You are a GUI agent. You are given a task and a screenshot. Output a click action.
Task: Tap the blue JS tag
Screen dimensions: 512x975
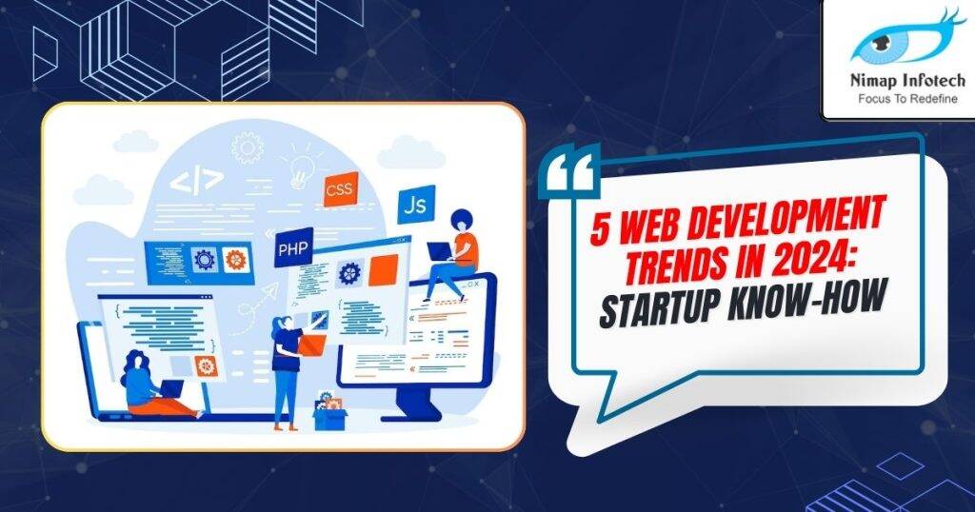416,204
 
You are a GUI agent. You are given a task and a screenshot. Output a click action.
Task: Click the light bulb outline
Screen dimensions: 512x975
303,168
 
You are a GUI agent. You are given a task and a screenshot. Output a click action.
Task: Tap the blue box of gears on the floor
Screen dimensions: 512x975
329,411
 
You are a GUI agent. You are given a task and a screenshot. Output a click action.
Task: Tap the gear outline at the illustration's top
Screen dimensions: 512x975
248,147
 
